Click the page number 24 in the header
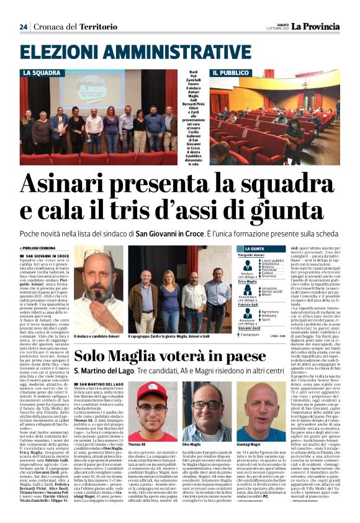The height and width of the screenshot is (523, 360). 24,27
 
